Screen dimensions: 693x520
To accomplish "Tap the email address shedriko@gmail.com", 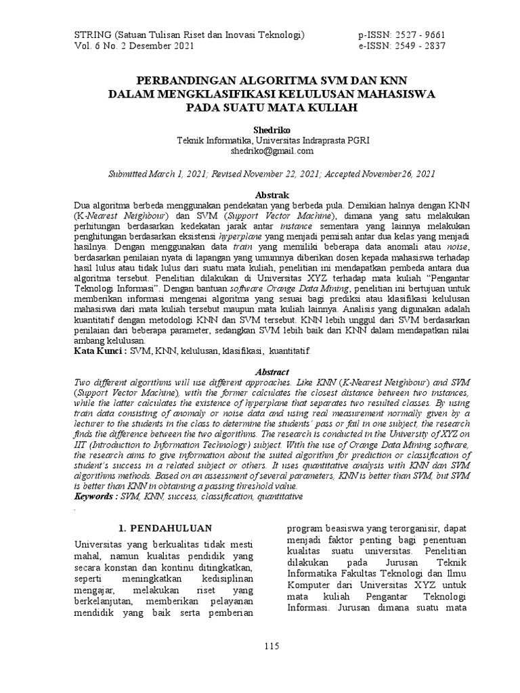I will coord(272,151).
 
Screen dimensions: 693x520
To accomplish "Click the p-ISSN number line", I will coord(402,35).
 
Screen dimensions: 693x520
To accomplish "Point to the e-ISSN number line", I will coord(402,46).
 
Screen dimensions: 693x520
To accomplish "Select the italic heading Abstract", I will coord(272,372).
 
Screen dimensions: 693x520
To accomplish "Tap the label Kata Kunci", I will coord(100,353).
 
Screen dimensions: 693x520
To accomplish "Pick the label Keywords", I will coord(97,496).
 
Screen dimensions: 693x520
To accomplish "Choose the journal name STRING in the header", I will coord(91,35).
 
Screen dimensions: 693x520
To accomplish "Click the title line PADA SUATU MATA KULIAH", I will coord(272,108).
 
